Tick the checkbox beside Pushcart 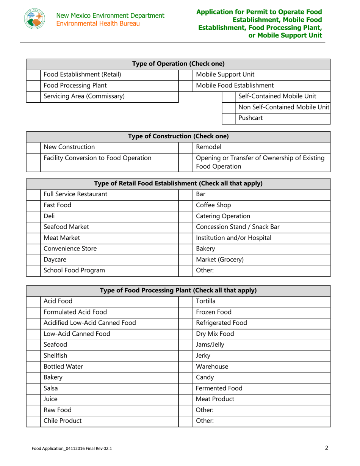(x=229, y=118)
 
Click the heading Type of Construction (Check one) (x=178, y=136)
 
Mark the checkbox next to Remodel (x=185, y=147)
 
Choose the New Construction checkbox (x=33, y=147)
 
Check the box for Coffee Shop (x=185, y=206)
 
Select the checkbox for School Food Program (x=33, y=271)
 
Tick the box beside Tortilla (x=185, y=301)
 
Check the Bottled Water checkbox (x=33, y=367)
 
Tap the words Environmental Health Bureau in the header (x=99, y=23)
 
